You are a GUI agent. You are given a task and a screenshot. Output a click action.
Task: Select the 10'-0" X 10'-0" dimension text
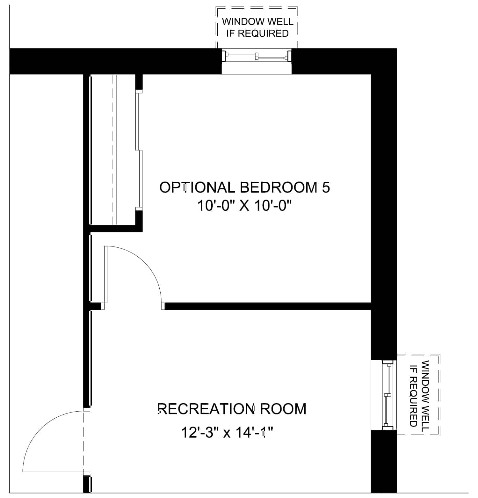coord(245,206)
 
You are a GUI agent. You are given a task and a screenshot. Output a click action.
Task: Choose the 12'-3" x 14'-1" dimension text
coord(228,433)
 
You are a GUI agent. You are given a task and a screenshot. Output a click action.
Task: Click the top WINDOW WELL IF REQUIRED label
coord(257,27)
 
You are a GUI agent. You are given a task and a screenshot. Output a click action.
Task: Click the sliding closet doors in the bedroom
coord(139,150)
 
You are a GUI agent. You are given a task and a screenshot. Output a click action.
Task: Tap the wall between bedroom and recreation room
coord(268,306)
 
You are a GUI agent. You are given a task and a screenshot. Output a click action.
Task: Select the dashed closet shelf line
coord(113,150)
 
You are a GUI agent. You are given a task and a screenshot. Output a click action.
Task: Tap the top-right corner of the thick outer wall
coord(396,48)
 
